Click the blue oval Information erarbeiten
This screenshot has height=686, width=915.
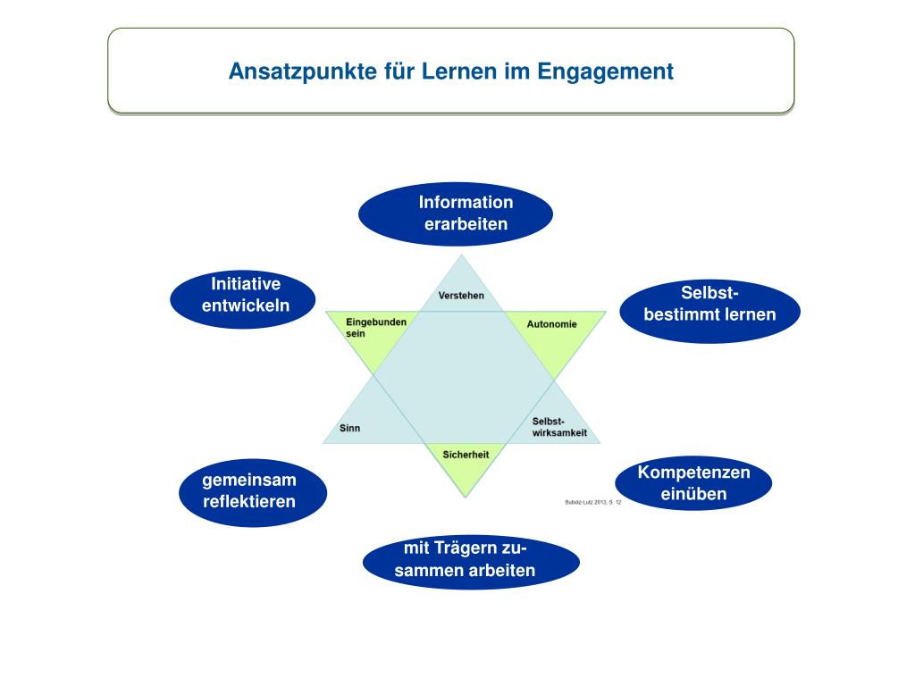456,213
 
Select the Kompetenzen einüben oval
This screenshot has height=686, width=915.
693,482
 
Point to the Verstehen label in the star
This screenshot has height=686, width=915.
462,296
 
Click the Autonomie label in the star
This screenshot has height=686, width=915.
551,324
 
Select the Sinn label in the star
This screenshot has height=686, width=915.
350,428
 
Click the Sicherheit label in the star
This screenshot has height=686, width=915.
466,455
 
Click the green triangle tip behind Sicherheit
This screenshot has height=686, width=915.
464,478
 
